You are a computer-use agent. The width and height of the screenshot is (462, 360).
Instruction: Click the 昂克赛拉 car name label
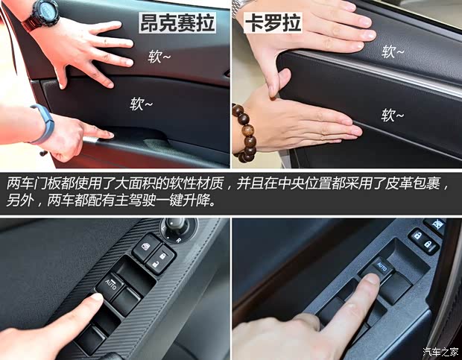tap(177, 23)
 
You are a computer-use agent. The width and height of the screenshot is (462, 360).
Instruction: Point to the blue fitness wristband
tap(43, 123)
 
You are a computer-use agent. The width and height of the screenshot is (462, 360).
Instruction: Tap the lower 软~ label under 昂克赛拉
tap(142, 104)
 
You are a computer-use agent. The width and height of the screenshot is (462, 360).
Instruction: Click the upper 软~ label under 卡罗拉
tap(393, 51)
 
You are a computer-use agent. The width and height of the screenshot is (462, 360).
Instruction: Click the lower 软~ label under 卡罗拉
tap(393, 115)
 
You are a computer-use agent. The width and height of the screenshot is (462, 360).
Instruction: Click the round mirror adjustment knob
tap(177, 227)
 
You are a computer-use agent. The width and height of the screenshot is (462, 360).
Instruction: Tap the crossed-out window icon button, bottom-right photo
tap(433, 226)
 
